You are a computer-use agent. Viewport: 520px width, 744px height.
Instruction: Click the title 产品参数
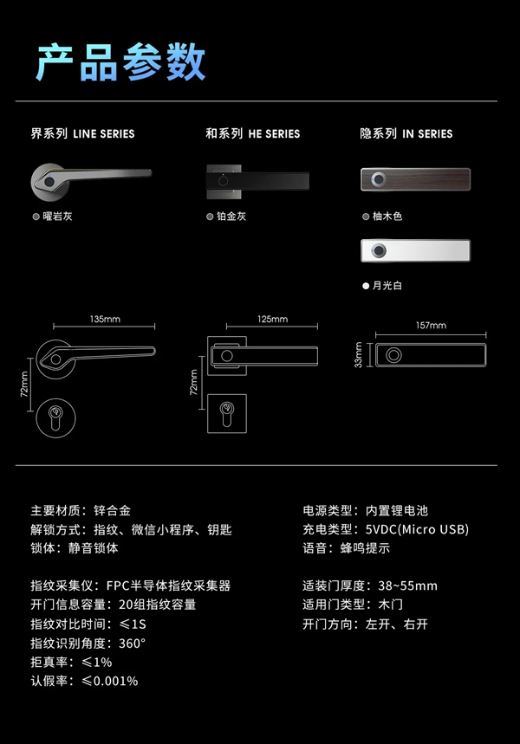pos(120,62)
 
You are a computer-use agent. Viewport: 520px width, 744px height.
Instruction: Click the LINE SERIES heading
pos(82,134)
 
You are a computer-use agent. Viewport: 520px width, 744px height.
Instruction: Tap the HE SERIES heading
pos(252,134)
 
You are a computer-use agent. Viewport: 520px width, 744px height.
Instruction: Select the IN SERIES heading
pos(406,134)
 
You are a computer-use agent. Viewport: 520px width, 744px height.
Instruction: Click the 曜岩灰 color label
pos(57,216)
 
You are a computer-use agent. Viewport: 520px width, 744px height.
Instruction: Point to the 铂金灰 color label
pos(231,216)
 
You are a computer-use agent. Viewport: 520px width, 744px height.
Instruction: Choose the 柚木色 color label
pos(387,216)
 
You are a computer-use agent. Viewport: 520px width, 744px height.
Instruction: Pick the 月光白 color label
pos(387,285)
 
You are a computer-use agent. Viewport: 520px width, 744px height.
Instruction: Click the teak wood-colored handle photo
pos(415,180)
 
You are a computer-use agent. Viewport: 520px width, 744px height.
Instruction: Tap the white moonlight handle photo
pos(415,251)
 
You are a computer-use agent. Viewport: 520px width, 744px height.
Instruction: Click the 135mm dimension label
pos(105,319)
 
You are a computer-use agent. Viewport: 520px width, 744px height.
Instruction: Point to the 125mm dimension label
pos(272,319)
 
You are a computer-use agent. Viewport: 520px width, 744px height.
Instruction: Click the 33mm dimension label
pos(359,357)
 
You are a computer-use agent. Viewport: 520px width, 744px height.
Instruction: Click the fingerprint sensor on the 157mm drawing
pos(393,356)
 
